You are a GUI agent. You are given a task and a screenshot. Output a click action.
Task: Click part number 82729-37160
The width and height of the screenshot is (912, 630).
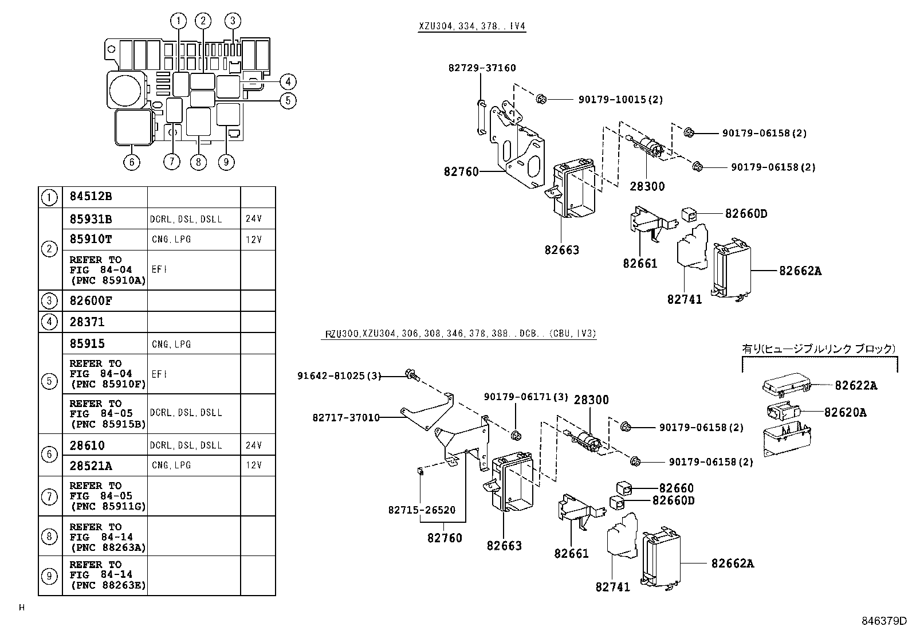[x=482, y=68]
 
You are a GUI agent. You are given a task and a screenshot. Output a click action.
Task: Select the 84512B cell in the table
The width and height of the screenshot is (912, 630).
[x=91, y=197]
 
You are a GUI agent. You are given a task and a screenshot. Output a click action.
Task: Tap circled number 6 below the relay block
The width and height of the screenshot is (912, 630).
[x=132, y=162]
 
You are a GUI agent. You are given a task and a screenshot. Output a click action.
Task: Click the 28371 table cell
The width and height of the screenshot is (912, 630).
[x=87, y=322]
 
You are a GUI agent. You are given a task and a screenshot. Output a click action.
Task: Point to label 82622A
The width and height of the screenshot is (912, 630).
[x=855, y=386]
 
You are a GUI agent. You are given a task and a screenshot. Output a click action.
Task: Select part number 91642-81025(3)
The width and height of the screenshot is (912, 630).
[x=339, y=375]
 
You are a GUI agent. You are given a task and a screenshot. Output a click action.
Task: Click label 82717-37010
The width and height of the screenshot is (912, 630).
[x=345, y=417]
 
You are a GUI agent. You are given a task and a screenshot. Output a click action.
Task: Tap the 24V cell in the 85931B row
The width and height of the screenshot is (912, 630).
[x=254, y=219]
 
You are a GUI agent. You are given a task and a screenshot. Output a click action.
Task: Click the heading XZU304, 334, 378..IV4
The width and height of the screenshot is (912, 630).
[x=471, y=26]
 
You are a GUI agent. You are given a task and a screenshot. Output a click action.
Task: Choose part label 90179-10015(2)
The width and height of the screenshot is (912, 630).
[x=620, y=99]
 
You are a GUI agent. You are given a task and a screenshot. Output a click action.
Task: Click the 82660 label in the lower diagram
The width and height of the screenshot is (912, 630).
[x=676, y=488]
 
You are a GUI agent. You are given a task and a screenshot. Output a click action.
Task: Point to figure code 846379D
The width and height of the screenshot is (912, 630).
[x=885, y=621]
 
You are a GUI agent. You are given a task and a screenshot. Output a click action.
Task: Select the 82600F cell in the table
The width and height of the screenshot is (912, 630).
[x=91, y=301]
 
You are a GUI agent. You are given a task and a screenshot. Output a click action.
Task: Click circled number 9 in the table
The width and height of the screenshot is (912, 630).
[x=50, y=576]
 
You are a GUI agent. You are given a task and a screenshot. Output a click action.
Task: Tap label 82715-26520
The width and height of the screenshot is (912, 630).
[x=421, y=510]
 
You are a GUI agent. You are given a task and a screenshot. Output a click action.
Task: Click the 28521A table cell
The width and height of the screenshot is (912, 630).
[x=91, y=465]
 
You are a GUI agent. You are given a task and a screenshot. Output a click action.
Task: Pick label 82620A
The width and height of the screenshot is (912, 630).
[x=845, y=412]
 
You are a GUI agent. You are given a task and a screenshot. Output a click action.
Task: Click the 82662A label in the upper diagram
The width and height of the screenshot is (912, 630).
[x=800, y=271]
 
